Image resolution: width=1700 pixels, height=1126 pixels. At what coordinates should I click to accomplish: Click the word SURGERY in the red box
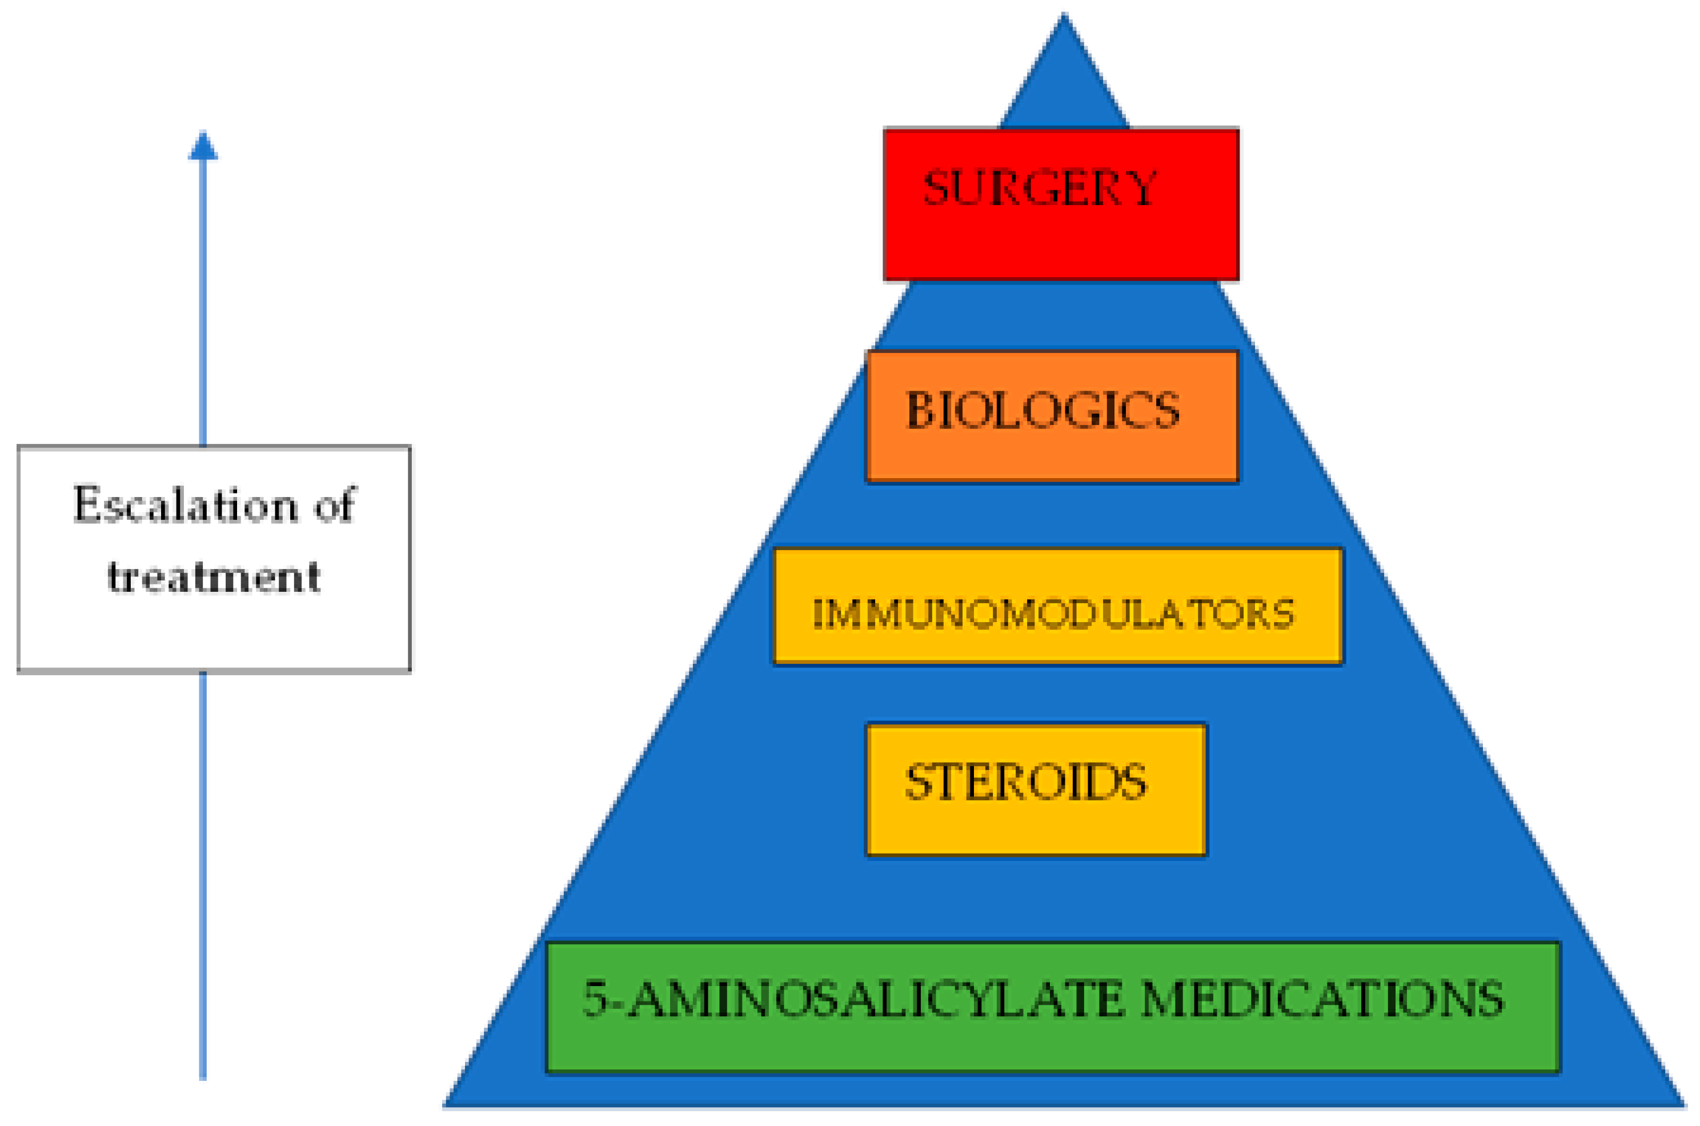click(1039, 188)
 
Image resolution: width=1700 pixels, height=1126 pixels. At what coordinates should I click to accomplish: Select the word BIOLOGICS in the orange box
click(1043, 411)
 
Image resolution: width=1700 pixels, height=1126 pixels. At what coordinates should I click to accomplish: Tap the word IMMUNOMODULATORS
click(1053, 615)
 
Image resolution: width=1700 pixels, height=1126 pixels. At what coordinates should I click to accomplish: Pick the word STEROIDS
click(1025, 782)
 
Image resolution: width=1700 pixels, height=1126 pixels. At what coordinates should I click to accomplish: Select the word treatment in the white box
click(214, 576)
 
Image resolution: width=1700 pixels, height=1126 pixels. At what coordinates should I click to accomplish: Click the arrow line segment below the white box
click(203, 876)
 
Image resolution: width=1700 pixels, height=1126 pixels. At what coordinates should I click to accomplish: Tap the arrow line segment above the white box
click(203, 302)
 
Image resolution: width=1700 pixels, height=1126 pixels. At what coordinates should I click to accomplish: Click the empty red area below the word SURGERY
click(1060, 248)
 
